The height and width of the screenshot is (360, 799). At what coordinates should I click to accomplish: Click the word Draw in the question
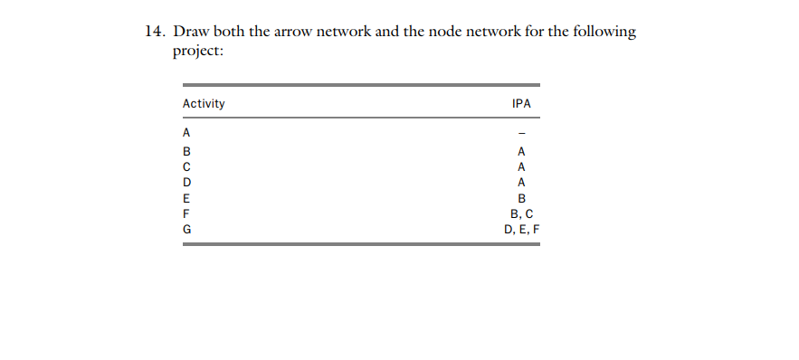pyautogui.click(x=190, y=33)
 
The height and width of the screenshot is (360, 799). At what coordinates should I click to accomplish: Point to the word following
pyautogui.click(x=605, y=33)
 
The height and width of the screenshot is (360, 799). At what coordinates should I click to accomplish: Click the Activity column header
pyautogui.click(x=204, y=104)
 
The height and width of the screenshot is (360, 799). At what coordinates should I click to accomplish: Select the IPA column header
pyautogui.click(x=521, y=104)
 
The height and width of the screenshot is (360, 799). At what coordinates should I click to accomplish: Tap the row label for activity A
pyautogui.click(x=186, y=132)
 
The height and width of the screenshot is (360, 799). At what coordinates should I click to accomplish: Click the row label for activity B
pyautogui.click(x=186, y=151)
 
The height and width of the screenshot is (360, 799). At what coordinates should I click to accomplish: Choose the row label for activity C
pyautogui.click(x=186, y=166)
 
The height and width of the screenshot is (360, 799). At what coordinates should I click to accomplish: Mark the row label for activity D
pyautogui.click(x=186, y=183)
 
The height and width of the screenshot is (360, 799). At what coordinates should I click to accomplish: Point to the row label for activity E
pyautogui.click(x=186, y=198)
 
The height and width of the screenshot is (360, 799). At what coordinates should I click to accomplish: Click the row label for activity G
pyautogui.click(x=186, y=230)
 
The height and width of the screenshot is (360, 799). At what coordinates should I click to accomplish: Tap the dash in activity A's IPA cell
pyautogui.click(x=521, y=136)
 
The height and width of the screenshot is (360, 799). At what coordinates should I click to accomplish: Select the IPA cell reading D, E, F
pyautogui.click(x=521, y=230)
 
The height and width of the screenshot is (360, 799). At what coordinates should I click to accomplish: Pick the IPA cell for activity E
pyautogui.click(x=521, y=198)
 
